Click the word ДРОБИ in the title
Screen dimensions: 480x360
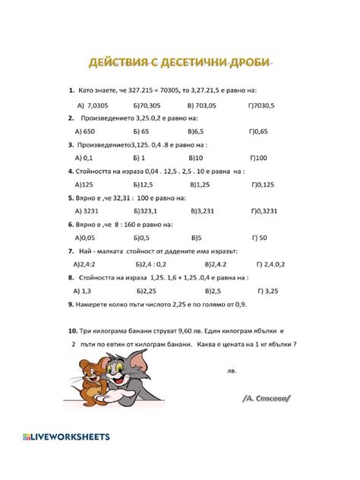click(248, 62)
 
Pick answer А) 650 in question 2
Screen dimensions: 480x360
click(85, 131)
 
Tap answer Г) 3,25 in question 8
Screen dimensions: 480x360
click(267, 290)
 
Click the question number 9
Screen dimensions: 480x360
click(70, 304)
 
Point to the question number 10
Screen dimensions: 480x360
click(72, 330)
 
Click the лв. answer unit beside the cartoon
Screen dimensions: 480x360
click(232, 371)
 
